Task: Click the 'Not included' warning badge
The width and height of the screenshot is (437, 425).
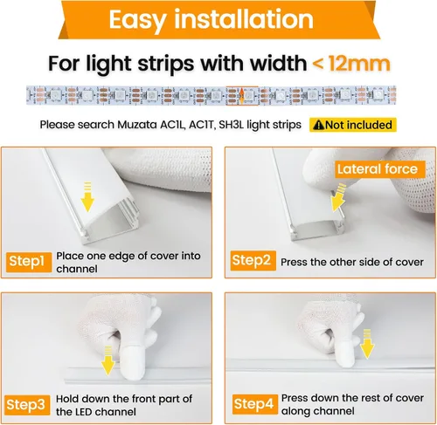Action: click(352, 125)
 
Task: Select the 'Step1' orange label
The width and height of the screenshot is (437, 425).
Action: click(28, 260)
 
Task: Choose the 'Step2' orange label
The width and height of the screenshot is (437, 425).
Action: click(253, 260)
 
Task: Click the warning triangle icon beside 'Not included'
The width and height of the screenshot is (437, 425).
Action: click(318, 125)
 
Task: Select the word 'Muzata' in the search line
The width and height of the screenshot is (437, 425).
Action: click(128, 125)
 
